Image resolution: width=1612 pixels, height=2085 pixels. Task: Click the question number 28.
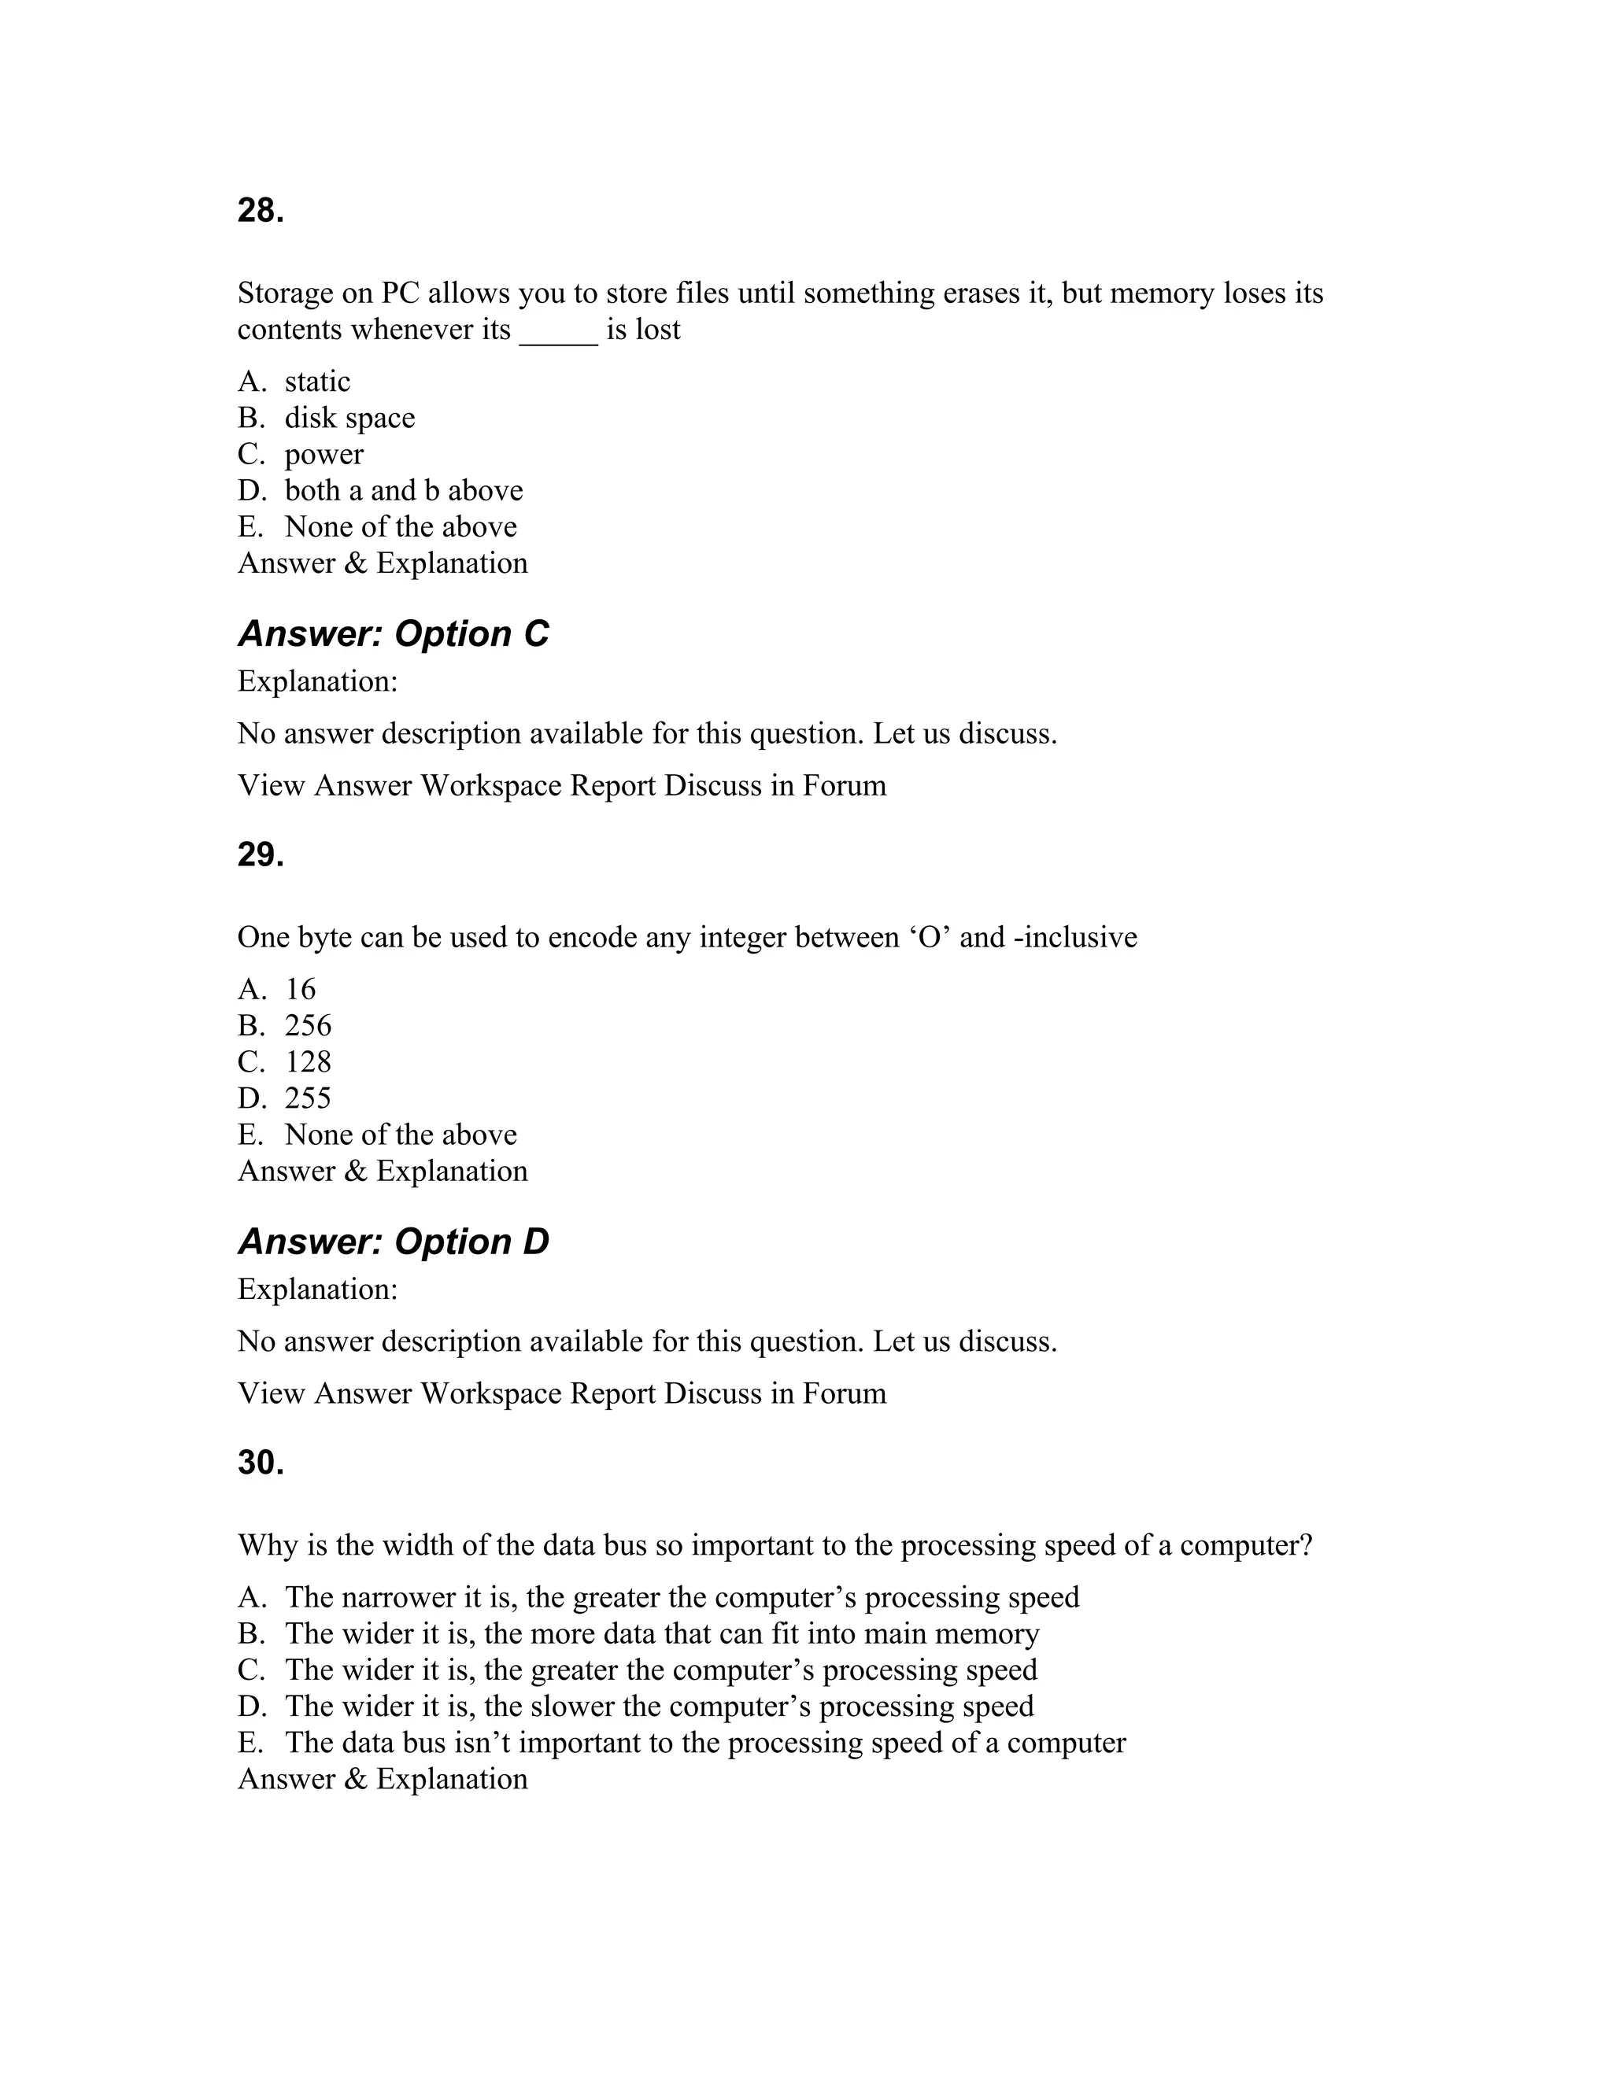click(x=261, y=211)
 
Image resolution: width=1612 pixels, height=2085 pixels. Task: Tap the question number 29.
click(x=261, y=854)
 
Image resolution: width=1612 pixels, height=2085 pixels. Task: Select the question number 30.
click(x=261, y=1463)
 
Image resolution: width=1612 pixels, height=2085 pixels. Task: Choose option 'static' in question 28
click(x=317, y=382)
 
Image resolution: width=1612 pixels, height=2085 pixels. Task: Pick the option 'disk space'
click(x=349, y=418)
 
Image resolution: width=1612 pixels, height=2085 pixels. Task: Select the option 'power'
click(x=324, y=455)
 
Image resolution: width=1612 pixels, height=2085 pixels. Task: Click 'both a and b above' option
click(x=403, y=491)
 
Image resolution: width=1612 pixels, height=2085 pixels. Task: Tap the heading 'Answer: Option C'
click(x=393, y=634)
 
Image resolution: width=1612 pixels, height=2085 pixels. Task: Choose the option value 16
click(x=300, y=990)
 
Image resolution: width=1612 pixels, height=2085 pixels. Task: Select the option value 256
click(x=308, y=1026)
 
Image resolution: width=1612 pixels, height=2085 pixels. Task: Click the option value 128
click(x=308, y=1062)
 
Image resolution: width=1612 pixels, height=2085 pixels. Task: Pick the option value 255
click(x=308, y=1099)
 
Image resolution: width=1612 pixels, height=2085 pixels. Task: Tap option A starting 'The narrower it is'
click(x=682, y=1598)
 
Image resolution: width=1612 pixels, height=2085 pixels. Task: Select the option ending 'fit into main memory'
click(x=661, y=1634)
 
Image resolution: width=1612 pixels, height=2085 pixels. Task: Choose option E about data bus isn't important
click(x=704, y=1744)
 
